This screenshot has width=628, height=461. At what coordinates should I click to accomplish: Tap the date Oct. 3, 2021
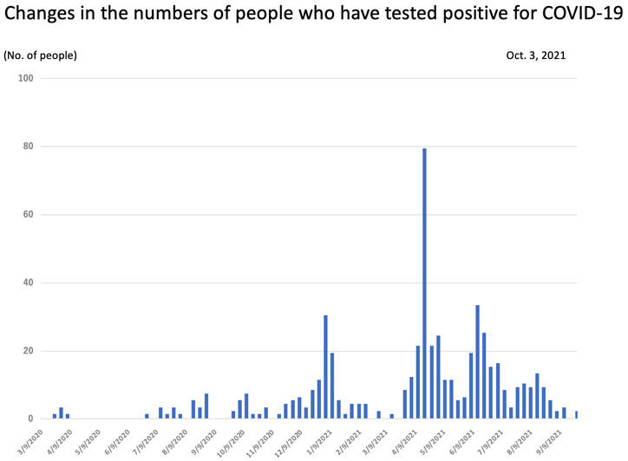(536, 55)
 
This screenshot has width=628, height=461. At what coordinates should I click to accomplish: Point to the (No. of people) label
(40, 55)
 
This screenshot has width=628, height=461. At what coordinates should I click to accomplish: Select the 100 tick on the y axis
(25, 78)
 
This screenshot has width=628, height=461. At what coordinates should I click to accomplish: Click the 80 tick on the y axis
(28, 146)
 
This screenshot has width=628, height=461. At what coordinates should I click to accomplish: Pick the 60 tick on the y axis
(28, 215)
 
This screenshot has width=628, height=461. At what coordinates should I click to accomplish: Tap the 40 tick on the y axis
(28, 282)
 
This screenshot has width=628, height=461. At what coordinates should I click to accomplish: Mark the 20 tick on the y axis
(28, 351)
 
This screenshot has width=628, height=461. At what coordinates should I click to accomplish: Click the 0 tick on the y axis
(30, 419)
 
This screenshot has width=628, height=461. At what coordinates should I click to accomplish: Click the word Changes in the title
(43, 16)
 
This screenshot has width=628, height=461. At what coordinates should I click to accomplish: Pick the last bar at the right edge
(576, 415)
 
